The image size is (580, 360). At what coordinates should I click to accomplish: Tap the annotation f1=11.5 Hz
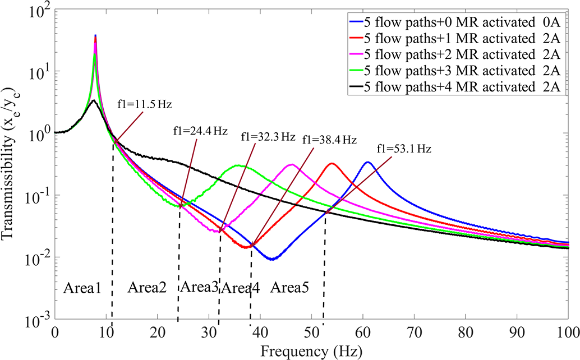(x=141, y=104)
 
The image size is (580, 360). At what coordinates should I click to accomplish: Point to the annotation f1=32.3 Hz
(x=267, y=136)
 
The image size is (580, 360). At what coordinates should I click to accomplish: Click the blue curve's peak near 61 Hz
(x=367, y=162)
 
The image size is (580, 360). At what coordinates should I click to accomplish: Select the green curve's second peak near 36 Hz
(x=238, y=165)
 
